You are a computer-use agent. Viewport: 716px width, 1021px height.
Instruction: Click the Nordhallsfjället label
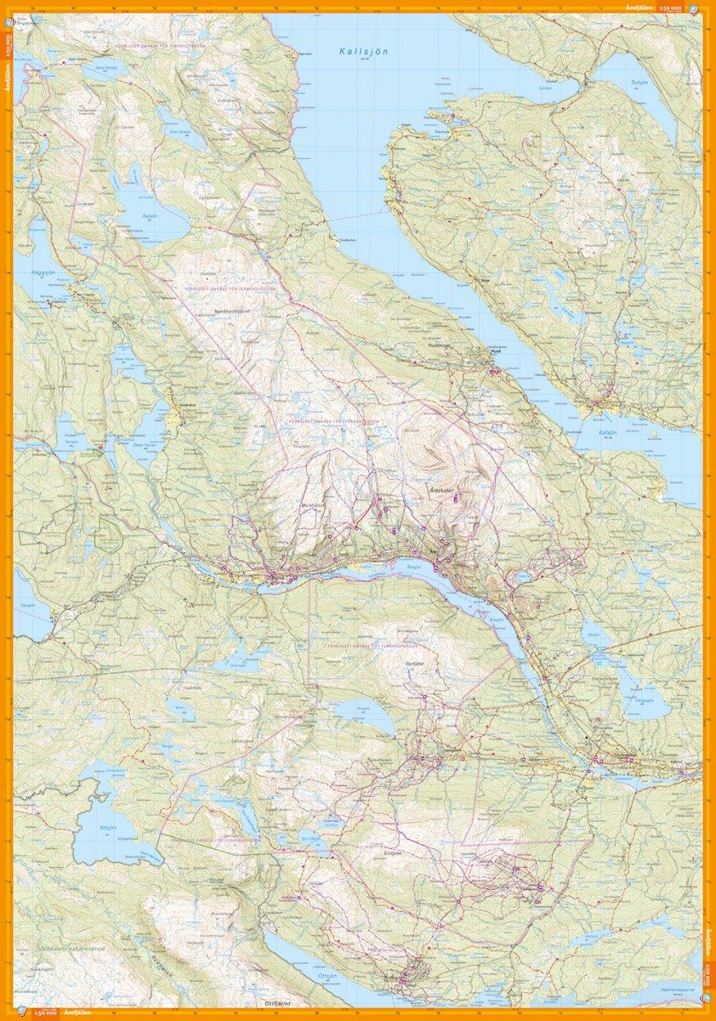[237, 311]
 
